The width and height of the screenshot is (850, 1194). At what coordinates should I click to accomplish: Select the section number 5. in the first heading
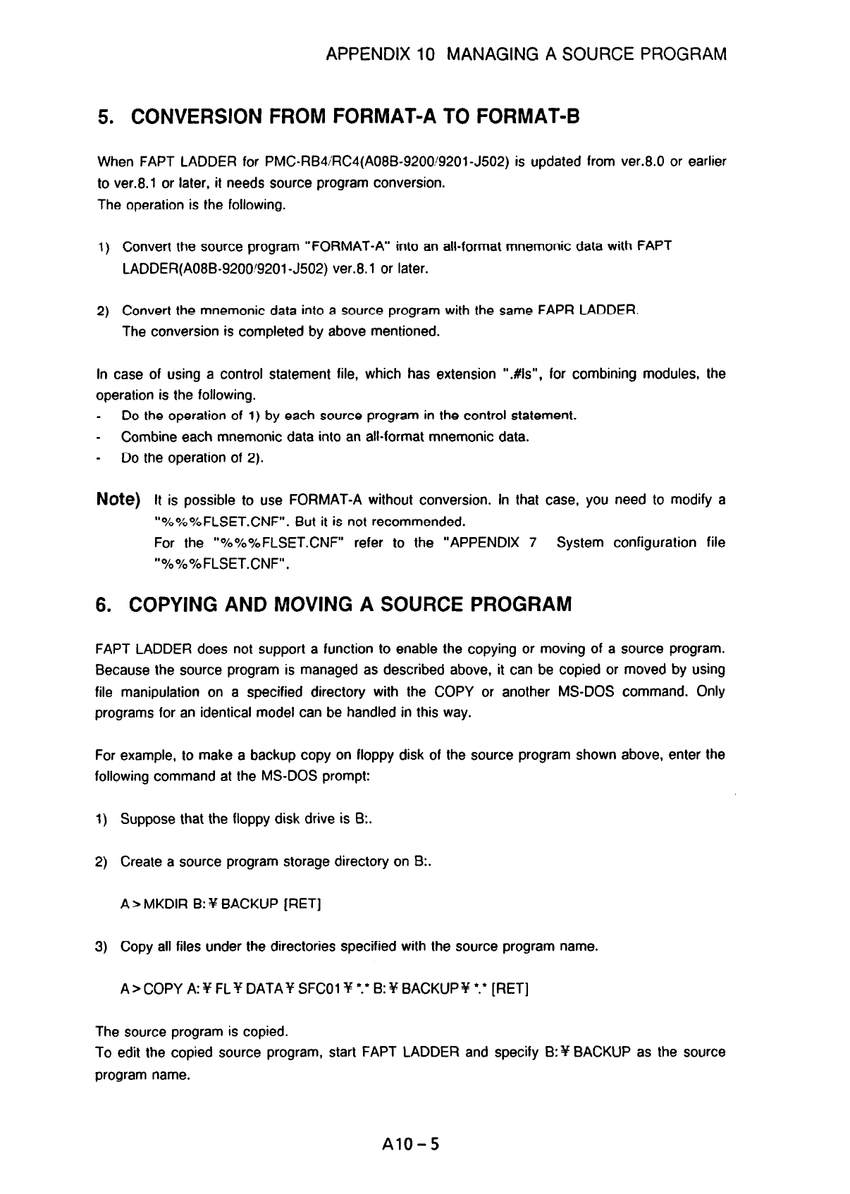[x=104, y=117]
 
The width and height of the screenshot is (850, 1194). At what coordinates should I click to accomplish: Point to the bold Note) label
[x=118, y=500]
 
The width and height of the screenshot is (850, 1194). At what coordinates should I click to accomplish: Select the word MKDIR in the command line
[x=166, y=904]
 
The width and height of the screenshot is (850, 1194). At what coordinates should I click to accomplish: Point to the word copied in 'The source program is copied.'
[x=266, y=1033]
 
